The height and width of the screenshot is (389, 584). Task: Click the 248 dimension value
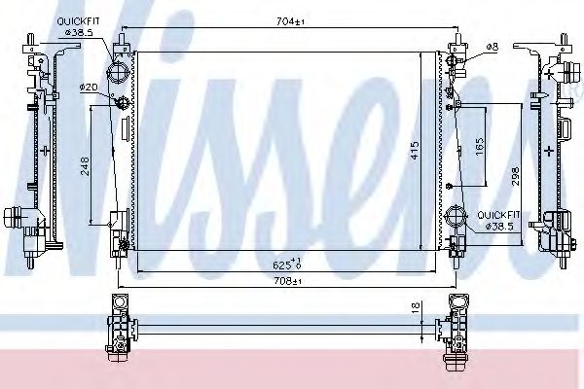click(85, 165)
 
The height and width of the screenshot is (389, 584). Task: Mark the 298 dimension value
click(515, 174)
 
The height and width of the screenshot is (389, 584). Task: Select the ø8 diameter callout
click(493, 45)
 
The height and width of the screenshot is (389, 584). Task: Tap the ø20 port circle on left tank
click(121, 103)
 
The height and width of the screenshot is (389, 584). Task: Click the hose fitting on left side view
click(21, 222)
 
